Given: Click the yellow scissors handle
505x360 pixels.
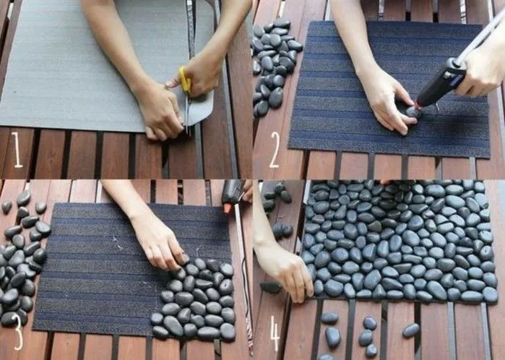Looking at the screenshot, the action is pos(185,80).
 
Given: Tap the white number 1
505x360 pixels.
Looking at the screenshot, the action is pos(17,150).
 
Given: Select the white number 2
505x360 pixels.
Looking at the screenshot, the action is pos(274,150).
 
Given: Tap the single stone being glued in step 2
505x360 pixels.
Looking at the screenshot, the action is pos(413,112).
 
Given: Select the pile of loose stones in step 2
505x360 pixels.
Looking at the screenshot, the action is pos(275,66).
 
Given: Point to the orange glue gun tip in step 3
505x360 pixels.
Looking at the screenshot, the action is pos(228,208).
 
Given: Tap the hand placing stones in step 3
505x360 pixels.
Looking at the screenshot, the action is pos(159,244).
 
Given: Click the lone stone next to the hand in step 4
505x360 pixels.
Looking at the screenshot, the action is pos(270,287).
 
